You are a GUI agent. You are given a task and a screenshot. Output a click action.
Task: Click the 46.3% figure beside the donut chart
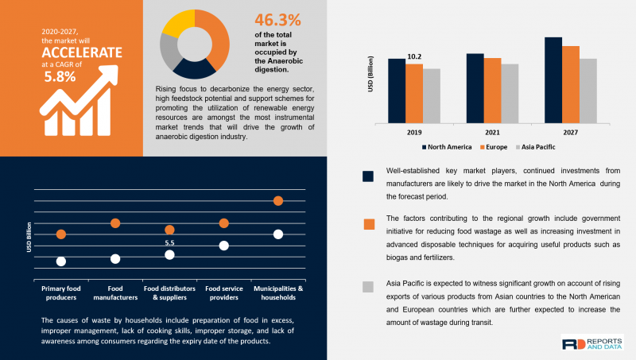(x=277, y=20)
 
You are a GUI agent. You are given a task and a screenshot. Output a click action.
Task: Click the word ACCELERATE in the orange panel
(x=82, y=52)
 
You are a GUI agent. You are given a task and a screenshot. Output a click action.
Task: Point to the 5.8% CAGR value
(x=60, y=76)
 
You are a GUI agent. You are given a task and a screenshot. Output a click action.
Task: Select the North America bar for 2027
(x=553, y=80)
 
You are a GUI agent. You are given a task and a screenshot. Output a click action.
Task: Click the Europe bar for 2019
(x=414, y=94)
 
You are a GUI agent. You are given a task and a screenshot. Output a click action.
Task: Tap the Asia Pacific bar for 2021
(x=510, y=94)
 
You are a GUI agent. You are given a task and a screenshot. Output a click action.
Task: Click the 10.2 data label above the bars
(x=414, y=56)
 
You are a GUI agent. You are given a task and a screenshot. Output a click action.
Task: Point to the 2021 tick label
(x=492, y=133)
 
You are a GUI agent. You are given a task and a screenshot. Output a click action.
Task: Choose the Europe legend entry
(x=494, y=147)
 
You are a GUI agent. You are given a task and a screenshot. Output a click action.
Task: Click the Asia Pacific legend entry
(x=535, y=147)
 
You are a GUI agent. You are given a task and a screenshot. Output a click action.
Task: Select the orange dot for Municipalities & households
(x=278, y=201)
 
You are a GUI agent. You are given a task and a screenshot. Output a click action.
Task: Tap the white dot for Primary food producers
(x=61, y=261)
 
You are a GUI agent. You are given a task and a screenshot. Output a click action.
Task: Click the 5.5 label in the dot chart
(x=169, y=243)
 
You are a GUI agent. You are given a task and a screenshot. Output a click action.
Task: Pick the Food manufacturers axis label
(x=115, y=292)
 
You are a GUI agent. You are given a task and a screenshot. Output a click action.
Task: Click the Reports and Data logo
(x=592, y=344)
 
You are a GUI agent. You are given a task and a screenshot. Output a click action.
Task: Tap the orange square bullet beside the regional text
(x=369, y=224)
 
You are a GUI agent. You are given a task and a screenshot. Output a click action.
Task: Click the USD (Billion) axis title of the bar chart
(x=370, y=74)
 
